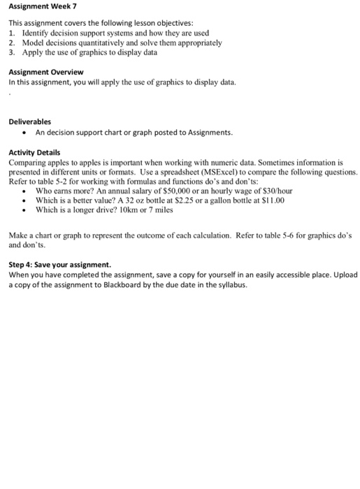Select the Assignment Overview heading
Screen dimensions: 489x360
point(46,72)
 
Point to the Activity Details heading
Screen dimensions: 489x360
point(34,152)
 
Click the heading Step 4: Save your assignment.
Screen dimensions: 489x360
point(59,264)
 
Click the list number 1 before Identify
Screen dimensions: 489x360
point(11,33)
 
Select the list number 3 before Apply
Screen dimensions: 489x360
point(11,52)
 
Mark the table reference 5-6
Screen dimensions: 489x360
point(283,235)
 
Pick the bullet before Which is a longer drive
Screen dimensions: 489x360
point(25,209)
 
